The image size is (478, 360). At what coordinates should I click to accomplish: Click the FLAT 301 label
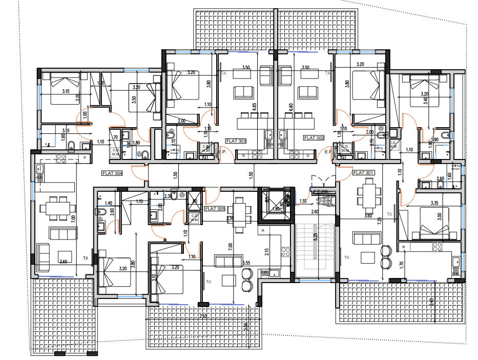point(364,173)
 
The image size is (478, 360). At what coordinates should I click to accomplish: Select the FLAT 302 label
point(314,138)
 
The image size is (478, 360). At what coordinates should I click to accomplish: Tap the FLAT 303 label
point(236,141)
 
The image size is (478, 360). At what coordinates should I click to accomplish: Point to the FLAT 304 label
point(112,173)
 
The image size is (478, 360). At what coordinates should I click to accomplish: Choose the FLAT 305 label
point(214,209)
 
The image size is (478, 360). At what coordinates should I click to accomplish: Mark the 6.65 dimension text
point(255,107)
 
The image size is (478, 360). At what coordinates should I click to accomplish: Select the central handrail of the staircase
point(316,251)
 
